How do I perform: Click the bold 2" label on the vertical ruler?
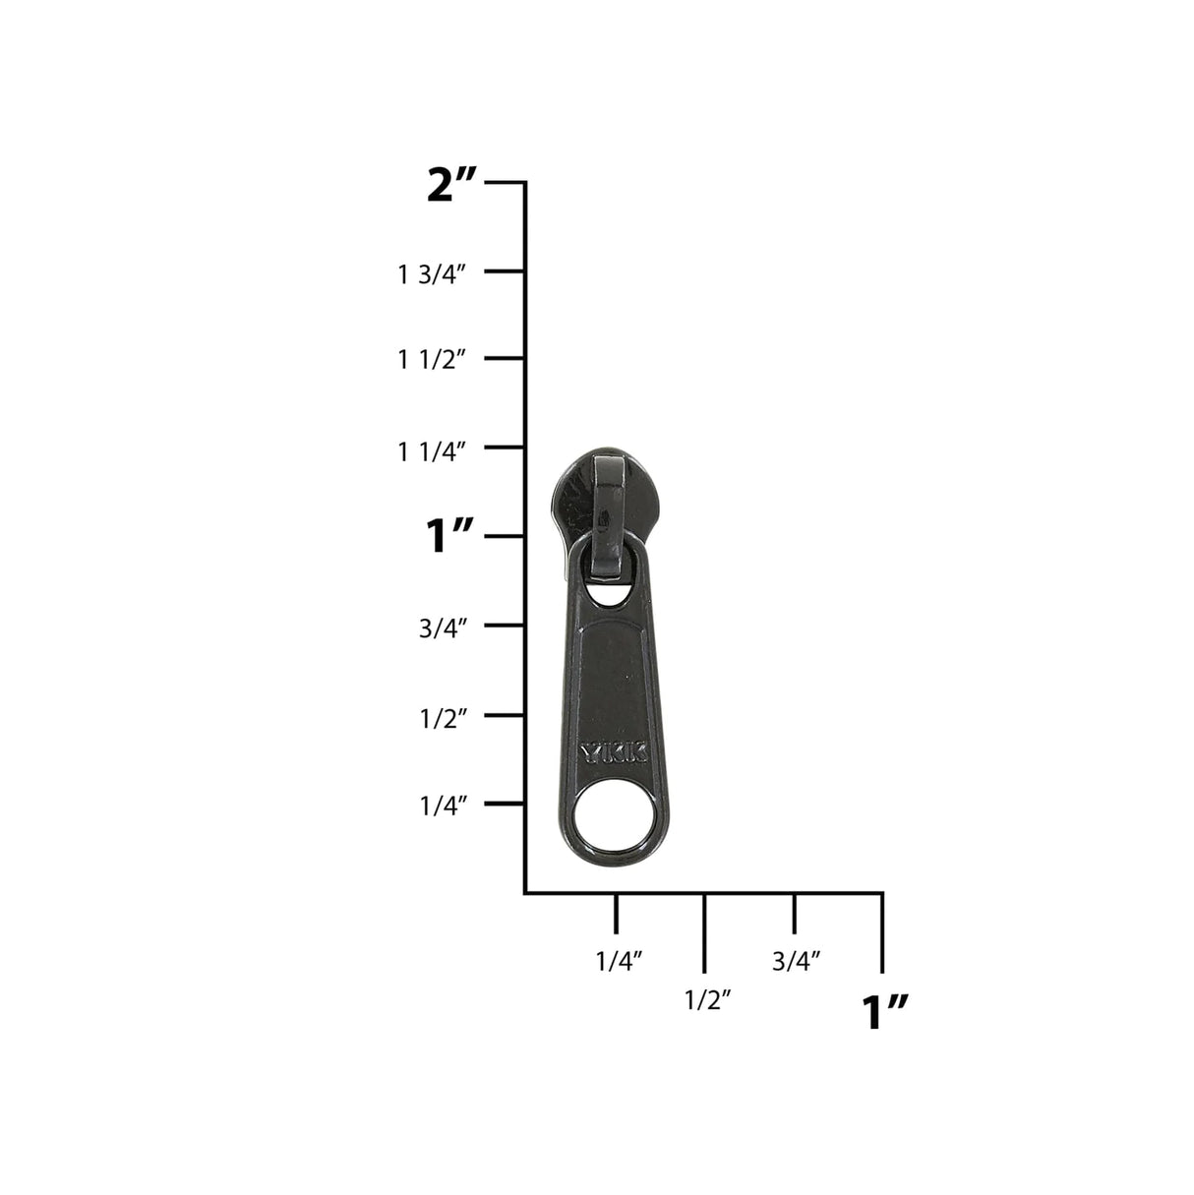click(x=451, y=185)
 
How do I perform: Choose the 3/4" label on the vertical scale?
click(x=443, y=628)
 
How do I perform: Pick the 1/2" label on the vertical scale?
click(x=443, y=718)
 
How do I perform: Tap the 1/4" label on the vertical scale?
click(x=443, y=807)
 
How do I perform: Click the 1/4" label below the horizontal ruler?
click(x=619, y=961)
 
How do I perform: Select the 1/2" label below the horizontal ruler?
click(x=707, y=1000)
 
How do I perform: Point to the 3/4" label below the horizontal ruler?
click(x=796, y=961)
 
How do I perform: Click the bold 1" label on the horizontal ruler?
click(x=884, y=1012)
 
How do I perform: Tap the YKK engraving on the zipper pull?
click(x=613, y=753)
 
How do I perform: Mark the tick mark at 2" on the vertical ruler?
click(x=505, y=183)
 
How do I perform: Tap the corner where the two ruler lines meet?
click(x=525, y=893)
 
